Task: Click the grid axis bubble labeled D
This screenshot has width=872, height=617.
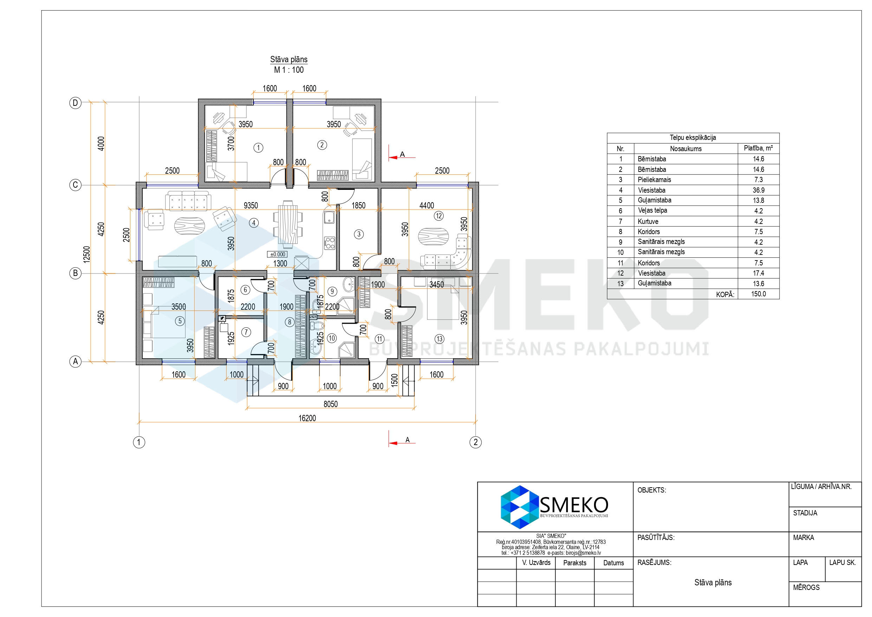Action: coord(76,103)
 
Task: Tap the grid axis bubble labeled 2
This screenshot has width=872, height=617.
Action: coord(476,442)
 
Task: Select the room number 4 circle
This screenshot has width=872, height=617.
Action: coord(254,223)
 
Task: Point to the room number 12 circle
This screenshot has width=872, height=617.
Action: coord(439,216)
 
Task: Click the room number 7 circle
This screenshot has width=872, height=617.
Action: coord(246,333)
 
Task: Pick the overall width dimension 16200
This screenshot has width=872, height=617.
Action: coord(307,418)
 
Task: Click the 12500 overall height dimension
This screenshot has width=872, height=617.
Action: coord(86,255)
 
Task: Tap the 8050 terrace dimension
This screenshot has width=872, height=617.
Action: coord(330,404)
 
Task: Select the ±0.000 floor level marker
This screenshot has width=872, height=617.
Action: coord(278,255)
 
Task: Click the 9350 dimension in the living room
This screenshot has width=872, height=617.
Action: coord(251,206)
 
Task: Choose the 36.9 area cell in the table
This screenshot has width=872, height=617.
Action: coord(758,190)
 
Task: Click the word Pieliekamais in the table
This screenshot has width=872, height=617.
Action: coord(654,180)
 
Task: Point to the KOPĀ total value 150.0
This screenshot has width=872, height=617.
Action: coord(758,294)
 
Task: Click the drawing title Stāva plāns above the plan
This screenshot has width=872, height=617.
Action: coord(289,59)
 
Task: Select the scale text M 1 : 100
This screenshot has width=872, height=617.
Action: coord(289,70)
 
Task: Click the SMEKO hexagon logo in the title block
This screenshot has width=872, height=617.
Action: coord(519,507)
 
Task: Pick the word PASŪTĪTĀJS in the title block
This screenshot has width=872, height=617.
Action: coord(656,538)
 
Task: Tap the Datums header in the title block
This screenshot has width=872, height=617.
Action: coord(613,563)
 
